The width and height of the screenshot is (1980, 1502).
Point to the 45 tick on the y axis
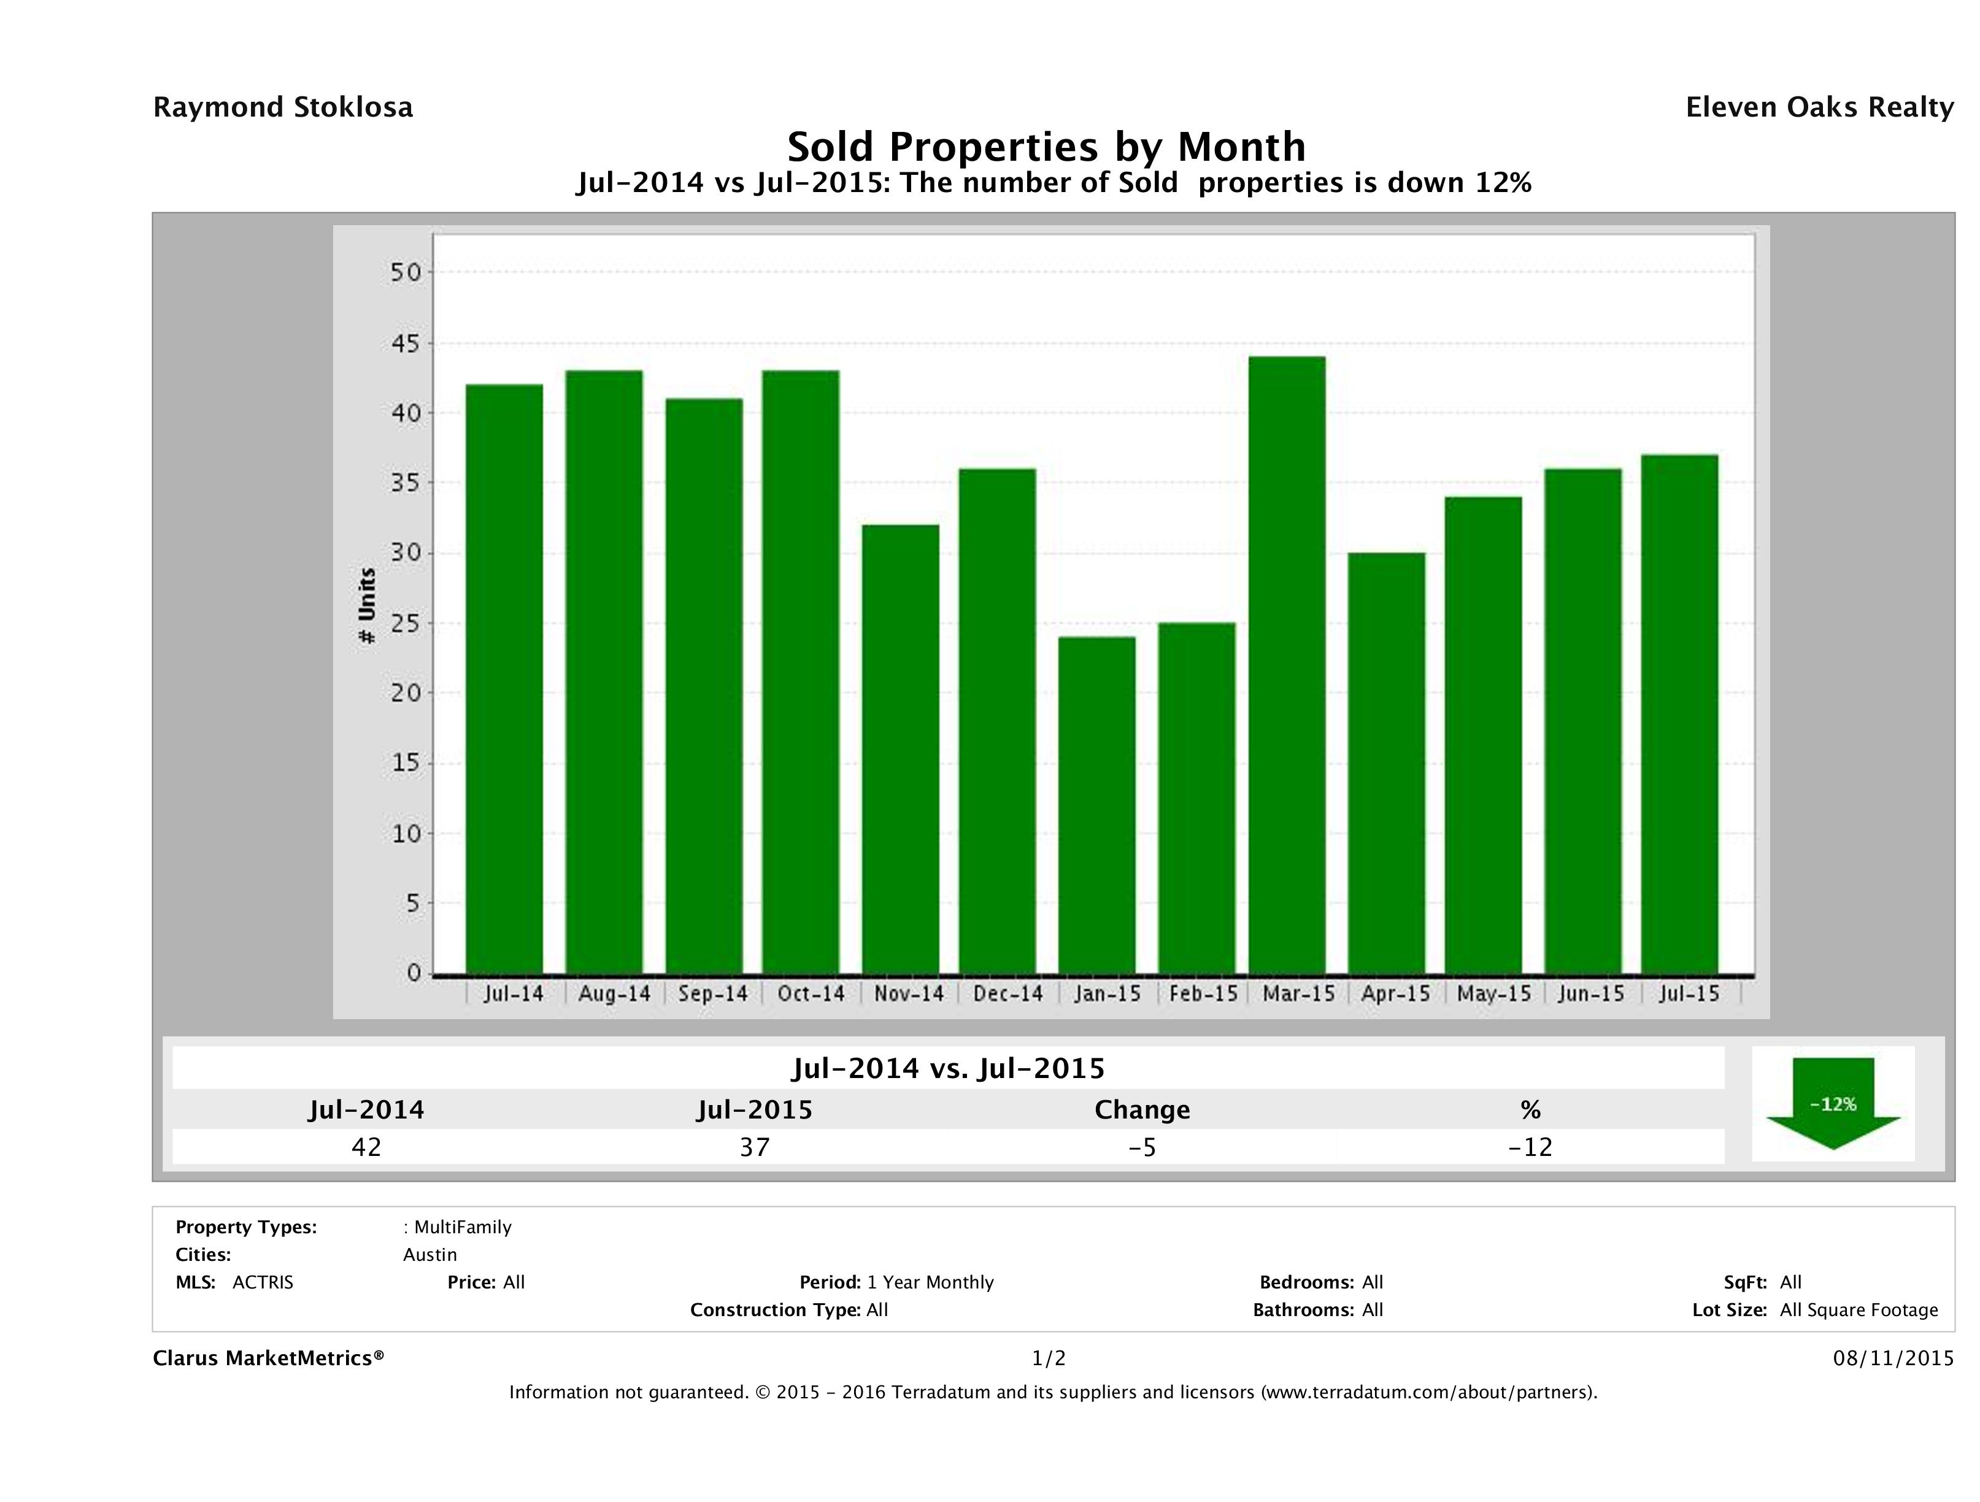point(406,344)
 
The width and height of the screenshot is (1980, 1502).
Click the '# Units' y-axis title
point(366,606)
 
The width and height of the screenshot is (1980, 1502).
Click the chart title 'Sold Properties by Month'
point(1046,147)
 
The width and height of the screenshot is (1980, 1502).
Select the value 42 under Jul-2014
point(366,1147)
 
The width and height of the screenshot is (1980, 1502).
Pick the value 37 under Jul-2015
point(755,1147)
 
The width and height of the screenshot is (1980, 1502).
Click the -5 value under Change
point(1142,1147)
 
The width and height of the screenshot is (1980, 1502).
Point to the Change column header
point(1142,1110)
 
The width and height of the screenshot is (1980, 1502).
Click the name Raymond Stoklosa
point(283,107)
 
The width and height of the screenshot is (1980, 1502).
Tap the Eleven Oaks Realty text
point(1819,107)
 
